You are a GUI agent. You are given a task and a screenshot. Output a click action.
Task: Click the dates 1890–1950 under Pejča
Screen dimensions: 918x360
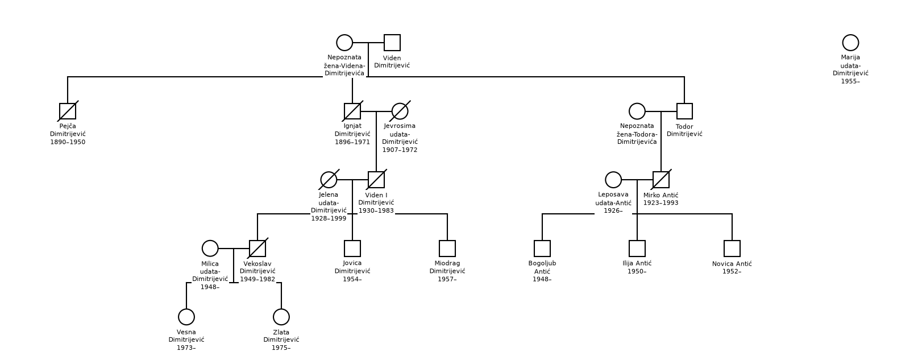[x=68, y=142]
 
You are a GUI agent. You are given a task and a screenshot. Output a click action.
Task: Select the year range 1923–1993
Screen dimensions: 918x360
[x=661, y=203]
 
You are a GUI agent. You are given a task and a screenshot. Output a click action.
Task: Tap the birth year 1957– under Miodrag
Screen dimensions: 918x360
[x=447, y=279]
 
